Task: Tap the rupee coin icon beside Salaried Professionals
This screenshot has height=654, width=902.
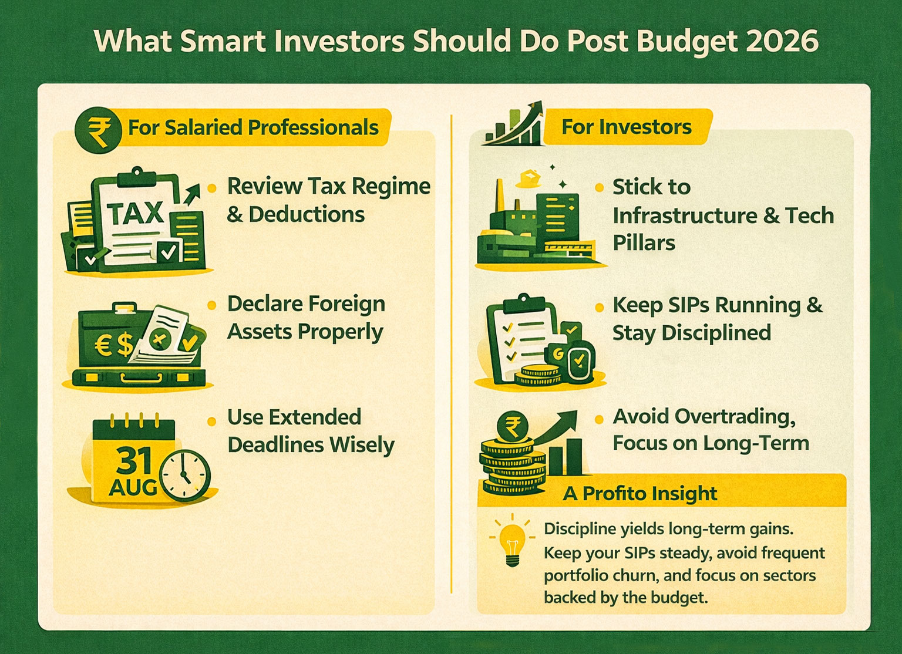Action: [x=98, y=130]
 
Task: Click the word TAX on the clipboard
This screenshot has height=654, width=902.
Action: [x=136, y=214]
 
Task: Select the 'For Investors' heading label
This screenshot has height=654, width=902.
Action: [x=626, y=127]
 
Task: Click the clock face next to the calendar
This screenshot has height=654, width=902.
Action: [x=184, y=476]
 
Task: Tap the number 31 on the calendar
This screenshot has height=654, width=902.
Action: [x=134, y=461]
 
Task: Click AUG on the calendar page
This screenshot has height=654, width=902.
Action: [x=133, y=487]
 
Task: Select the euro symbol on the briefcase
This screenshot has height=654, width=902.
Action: [x=103, y=345]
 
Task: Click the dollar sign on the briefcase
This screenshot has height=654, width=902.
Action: [x=124, y=345]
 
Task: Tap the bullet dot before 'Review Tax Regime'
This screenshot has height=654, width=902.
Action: [x=212, y=188]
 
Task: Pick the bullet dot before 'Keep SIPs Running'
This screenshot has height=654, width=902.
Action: [x=599, y=308]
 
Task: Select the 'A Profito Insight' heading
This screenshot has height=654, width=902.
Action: [x=640, y=494]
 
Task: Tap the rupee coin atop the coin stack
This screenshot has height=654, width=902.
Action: [x=512, y=427]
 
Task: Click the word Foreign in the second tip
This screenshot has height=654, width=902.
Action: [x=346, y=304]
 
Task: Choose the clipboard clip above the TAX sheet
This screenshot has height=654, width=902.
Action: [x=137, y=174]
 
